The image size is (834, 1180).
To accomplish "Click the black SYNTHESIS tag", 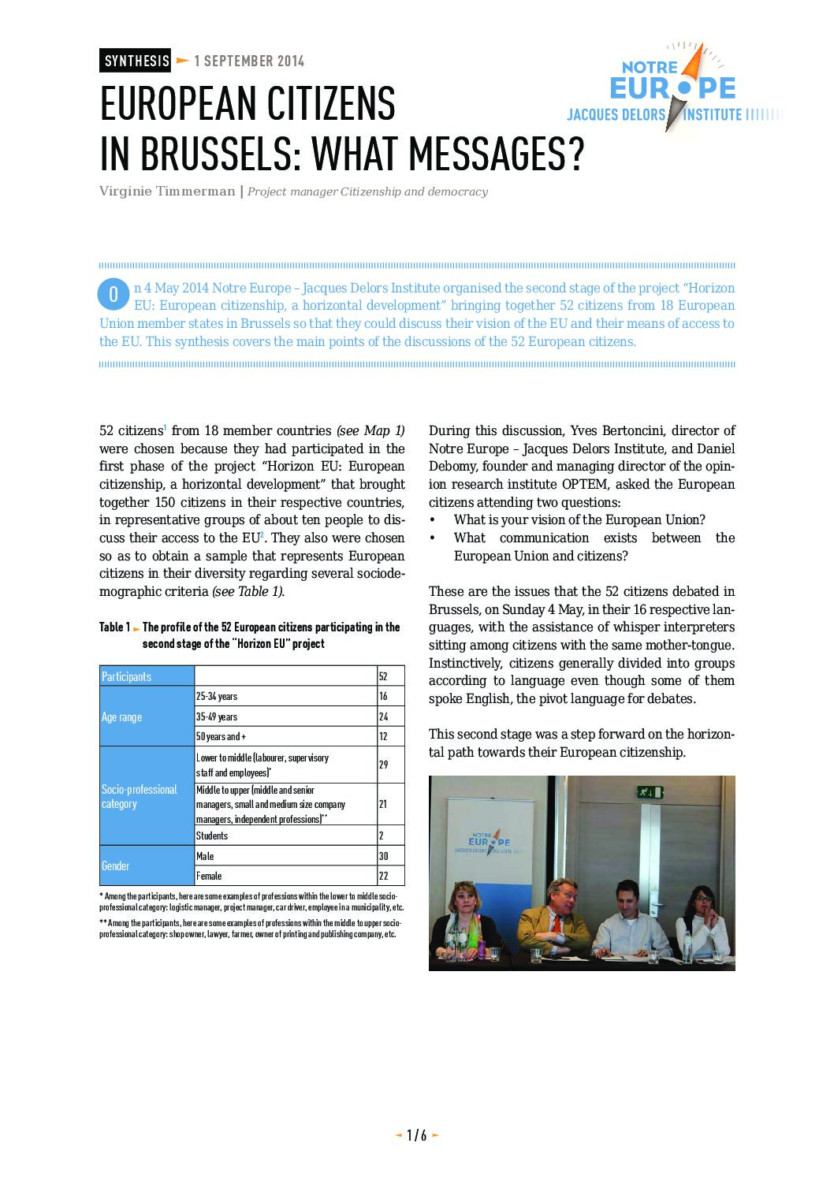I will [x=136, y=61].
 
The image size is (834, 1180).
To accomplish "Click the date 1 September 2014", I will [x=249, y=61].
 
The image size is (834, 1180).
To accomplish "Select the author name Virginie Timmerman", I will [x=167, y=192].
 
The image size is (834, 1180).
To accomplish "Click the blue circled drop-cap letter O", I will [x=114, y=294].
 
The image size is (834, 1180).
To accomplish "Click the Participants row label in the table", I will [x=126, y=676].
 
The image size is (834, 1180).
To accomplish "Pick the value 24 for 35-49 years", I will [x=384, y=717].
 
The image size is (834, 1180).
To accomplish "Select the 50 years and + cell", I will [x=222, y=736].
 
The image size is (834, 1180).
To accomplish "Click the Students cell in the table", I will [x=212, y=836].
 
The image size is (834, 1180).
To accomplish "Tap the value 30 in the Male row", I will [x=384, y=856].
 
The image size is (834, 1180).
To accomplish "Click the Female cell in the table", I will [x=209, y=876].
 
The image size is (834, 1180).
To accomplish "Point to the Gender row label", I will [x=116, y=865].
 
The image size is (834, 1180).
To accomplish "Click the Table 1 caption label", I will [x=114, y=627].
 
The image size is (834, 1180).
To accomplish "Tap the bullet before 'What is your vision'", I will [x=432, y=520].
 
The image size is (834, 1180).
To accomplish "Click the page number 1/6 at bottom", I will [x=417, y=1135].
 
